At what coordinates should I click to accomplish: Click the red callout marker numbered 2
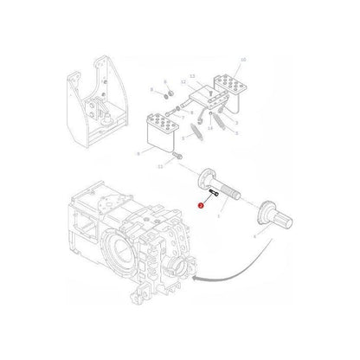coord(200,206)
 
